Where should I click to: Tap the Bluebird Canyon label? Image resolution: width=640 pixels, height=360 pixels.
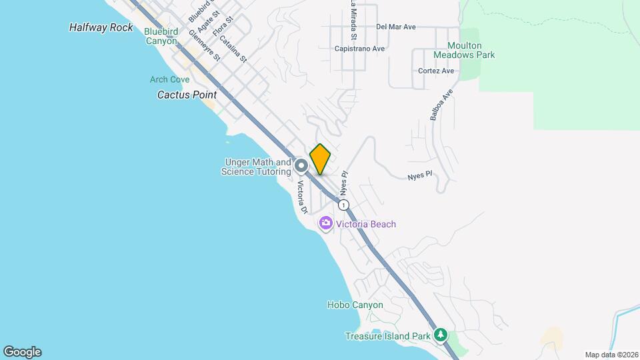(x=161, y=36)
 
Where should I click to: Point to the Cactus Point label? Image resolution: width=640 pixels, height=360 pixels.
(x=187, y=95)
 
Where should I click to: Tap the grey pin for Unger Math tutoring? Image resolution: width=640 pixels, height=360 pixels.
(x=301, y=165)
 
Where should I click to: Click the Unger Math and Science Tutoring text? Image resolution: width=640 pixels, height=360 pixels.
(x=257, y=167)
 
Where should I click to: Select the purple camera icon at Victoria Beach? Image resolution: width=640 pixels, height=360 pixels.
(x=327, y=223)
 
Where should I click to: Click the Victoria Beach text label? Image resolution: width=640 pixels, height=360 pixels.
(x=366, y=224)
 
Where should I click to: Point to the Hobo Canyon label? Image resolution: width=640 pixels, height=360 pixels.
(x=355, y=305)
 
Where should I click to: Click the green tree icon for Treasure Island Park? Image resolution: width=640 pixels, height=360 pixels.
(x=440, y=333)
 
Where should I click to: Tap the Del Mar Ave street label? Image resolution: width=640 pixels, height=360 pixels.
(x=396, y=27)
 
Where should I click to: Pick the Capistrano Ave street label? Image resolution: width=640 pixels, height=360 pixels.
(x=360, y=49)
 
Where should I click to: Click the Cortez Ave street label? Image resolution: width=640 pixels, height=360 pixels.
(x=436, y=71)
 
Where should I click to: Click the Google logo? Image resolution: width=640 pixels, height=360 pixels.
(x=22, y=352)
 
